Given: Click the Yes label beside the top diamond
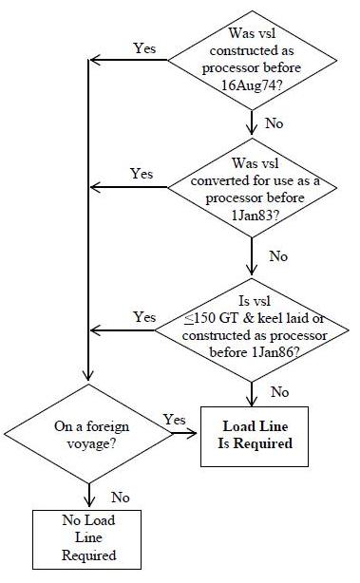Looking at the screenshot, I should coord(145,47).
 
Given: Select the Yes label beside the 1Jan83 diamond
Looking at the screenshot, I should coord(141,174).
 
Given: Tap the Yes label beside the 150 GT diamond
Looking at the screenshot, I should coord(145,315).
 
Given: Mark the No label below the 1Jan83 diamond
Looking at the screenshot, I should coord(278,255).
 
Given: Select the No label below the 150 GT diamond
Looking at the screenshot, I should coord(280,390).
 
